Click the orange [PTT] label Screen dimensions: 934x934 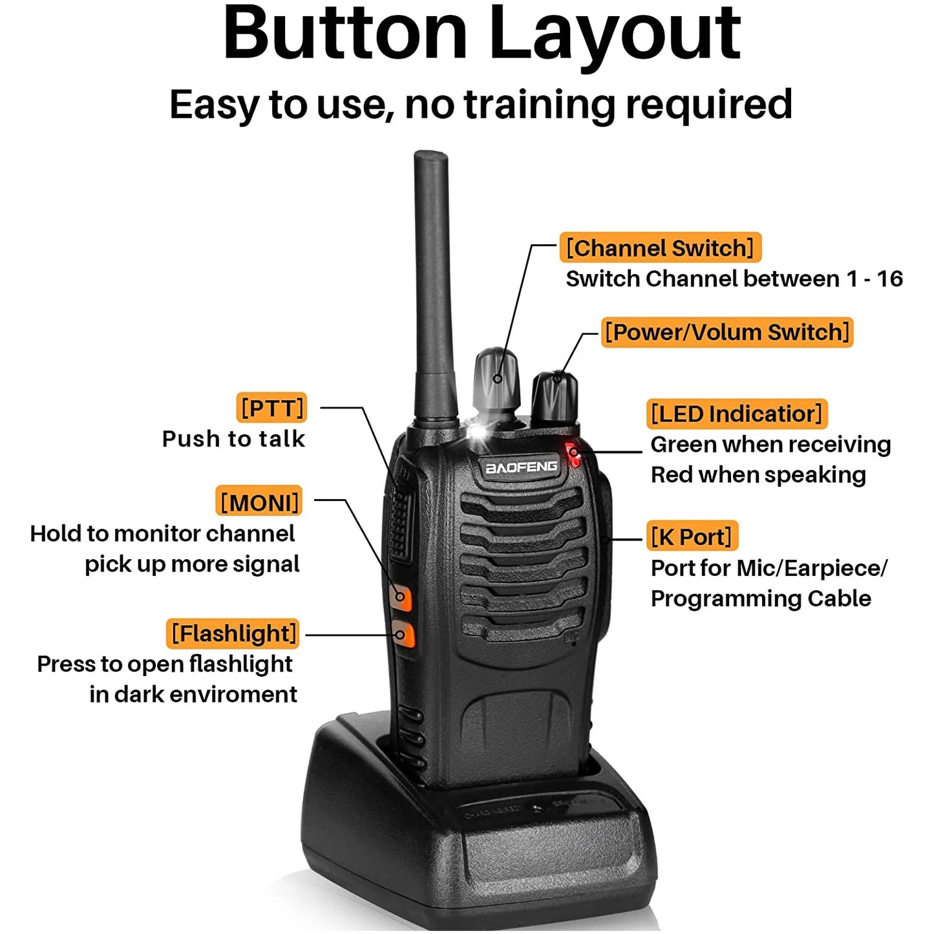271,408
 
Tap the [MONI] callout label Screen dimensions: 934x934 259,502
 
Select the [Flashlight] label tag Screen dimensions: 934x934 233,633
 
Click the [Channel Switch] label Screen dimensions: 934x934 660,248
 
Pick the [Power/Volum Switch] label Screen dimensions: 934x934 727,332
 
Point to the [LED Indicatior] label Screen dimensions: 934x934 736,414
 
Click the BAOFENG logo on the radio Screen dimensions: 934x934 521,466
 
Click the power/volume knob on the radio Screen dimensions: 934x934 554,396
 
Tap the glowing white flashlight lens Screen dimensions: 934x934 478,432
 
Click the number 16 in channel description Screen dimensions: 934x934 889,279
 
